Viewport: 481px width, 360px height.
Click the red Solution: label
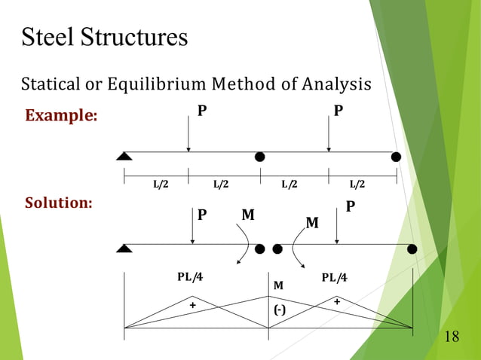pyautogui.click(x=59, y=203)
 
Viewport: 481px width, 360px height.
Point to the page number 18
pyautogui.click(x=452, y=336)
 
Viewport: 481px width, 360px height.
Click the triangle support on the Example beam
pyautogui.click(x=124, y=156)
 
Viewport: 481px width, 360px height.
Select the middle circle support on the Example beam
pyautogui.click(x=260, y=157)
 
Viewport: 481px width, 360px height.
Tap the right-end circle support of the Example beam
pyautogui.click(x=396, y=157)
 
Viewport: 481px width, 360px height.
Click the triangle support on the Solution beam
pyautogui.click(x=124, y=249)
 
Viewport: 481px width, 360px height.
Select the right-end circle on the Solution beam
pyautogui.click(x=412, y=249)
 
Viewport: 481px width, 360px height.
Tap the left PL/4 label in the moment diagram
pyautogui.click(x=190, y=276)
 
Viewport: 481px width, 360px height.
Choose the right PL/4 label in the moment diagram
pyautogui.click(x=334, y=277)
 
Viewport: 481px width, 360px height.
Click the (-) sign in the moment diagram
pyautogui.click(x=279, y=310)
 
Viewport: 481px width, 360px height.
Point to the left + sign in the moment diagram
pyautogui.click(x=192, y=305)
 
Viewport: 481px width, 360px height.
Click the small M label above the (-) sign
pyautogui.click(x=278, y=285)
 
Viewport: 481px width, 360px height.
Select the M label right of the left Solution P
pyautogui.click(x=247, y=215)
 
